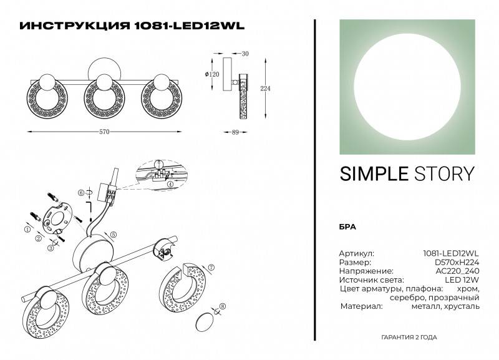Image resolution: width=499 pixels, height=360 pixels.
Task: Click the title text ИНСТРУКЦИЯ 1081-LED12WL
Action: click(132, 26)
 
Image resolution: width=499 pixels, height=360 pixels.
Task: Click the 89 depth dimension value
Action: click(235, 132)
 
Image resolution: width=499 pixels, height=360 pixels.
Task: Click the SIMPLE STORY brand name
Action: click(407, 173)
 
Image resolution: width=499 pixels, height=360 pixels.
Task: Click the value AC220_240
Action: click(458, 271)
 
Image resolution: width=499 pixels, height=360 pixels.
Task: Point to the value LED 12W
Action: click(464, 280)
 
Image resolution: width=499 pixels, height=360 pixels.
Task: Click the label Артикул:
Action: click(356, 254)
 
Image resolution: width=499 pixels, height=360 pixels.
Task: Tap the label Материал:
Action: click(361, 306)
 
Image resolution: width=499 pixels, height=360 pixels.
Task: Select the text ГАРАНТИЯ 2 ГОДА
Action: click(409, 337)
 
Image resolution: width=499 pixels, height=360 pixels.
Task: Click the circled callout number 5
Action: click(114, 234)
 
